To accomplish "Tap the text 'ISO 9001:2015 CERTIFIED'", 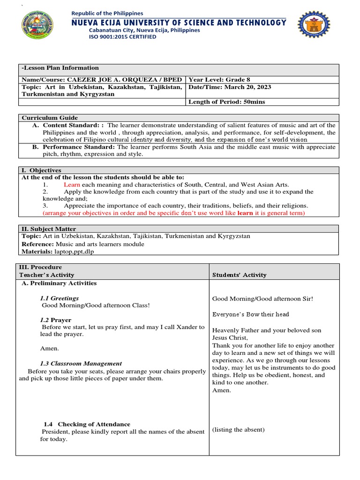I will click(x=123, y=37).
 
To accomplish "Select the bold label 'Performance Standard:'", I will click(x=79, y=147).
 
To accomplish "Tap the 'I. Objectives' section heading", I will click(x=41, y=170).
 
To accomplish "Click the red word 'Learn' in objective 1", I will click(x=73, y=185).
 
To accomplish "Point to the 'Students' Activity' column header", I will click(x=240, y=275).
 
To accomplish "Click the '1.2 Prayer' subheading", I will click(x=56, y=320).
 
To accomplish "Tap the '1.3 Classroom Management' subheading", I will click(x=81, y=363).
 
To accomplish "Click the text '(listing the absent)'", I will click(x=239, y=430).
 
